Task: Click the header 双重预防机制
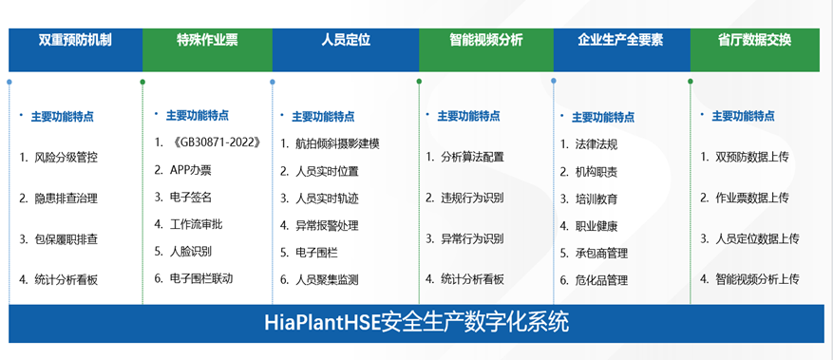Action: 75,41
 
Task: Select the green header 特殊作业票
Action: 207,41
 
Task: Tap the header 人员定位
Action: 345,41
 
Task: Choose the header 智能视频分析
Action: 485,41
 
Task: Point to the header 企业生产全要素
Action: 620,41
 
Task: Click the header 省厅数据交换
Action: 754,41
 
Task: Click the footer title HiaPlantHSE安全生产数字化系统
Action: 416,323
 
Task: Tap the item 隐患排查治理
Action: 66,199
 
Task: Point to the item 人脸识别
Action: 190,252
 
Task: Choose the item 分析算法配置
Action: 472,157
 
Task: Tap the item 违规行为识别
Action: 472,198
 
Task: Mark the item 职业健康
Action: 596,226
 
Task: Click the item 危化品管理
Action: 601,280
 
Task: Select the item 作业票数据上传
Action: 751,198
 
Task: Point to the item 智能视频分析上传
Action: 757,279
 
